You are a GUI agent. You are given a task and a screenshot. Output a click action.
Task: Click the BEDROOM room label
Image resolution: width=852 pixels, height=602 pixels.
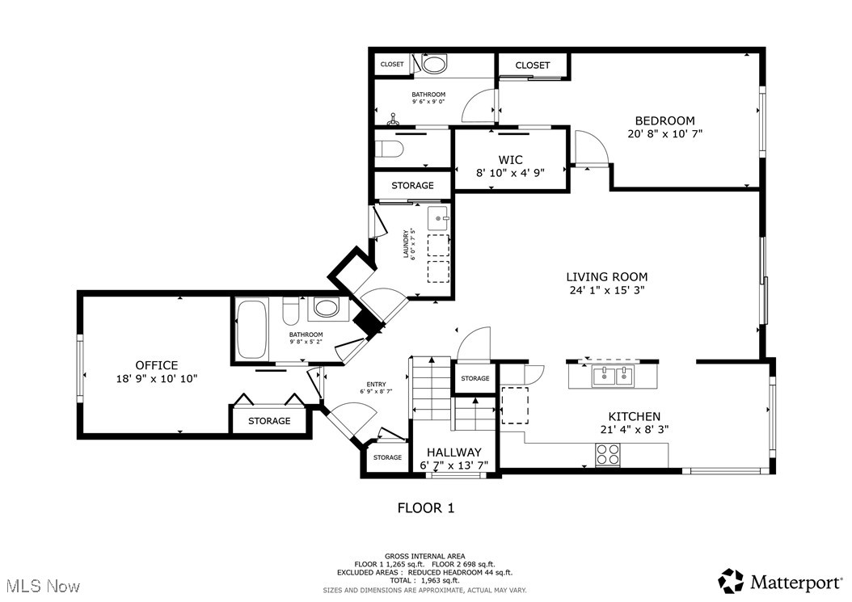[664, 120]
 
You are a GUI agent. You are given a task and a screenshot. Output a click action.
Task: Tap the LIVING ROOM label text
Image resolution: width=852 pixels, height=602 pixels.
[606, 276]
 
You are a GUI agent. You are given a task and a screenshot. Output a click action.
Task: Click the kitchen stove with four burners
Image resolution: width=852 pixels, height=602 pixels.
[608, 455]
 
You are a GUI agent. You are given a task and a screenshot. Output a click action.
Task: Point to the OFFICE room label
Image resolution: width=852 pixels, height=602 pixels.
[156, 365]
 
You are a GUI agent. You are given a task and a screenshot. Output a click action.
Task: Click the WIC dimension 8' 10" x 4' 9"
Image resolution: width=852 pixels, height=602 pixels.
[510, 172]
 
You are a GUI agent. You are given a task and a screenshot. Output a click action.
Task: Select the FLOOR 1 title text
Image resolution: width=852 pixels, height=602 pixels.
[425, 508]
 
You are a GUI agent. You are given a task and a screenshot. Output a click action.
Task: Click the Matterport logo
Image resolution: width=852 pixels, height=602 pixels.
[779, 580]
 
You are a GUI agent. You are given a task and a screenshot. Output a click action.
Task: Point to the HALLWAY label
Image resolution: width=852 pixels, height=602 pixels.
[453, 452]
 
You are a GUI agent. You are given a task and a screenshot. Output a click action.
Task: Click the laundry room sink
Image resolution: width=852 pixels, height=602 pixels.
[437, 217]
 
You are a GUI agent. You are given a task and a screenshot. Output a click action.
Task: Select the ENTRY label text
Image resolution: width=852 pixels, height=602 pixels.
[376, 385]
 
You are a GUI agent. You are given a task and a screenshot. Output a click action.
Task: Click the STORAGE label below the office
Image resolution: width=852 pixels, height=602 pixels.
[269, 421]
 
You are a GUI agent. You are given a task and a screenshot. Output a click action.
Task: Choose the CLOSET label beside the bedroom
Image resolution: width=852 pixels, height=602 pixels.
[532, 65]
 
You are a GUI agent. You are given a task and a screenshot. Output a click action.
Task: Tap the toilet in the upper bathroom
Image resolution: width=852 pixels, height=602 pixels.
[434, 65]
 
